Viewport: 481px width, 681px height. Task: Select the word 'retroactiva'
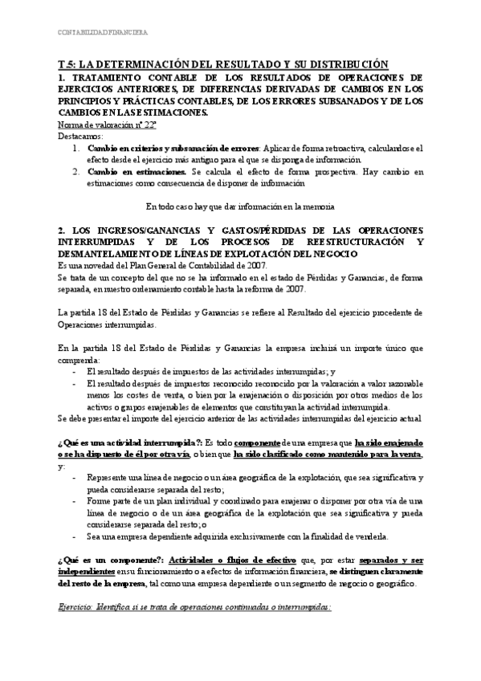pyautogui.click(x=328, y=149)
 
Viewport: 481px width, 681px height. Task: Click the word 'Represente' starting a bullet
pyautogui.click(x=111, y=478)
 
